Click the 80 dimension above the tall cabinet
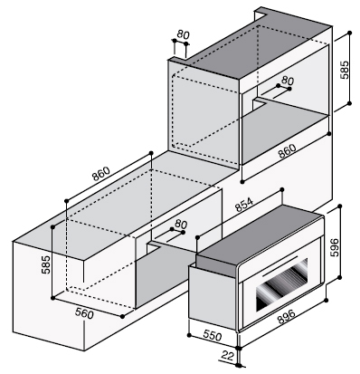183,34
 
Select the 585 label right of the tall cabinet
344,70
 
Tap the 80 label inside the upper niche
288,81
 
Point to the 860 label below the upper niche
287,151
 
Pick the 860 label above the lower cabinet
101,174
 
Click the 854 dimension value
244,205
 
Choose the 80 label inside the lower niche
181,224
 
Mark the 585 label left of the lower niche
45,264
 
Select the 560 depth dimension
84,313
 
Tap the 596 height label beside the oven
335,247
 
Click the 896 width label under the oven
286,317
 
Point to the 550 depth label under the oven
213,335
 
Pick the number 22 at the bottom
228,356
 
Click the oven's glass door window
282,284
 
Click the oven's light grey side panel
213,297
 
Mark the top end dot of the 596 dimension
340,206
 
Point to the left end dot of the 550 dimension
189,335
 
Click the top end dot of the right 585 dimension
350,32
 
